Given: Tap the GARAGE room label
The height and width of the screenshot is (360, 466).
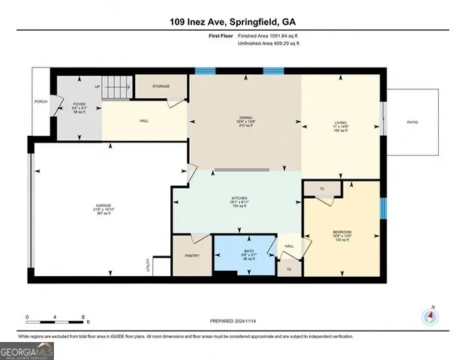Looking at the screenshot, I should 102,208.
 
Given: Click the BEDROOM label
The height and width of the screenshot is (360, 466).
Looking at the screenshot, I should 342,232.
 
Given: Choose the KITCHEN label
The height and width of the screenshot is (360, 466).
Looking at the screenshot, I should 239,199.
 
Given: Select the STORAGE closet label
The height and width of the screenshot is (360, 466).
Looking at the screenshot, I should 160,86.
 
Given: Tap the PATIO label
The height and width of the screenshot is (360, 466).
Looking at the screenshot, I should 412,123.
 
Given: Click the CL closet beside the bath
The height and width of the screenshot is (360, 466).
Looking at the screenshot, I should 288,268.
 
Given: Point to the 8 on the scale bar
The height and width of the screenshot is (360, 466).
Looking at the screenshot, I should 83,316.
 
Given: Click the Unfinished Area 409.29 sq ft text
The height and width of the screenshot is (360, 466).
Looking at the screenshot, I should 267,44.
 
